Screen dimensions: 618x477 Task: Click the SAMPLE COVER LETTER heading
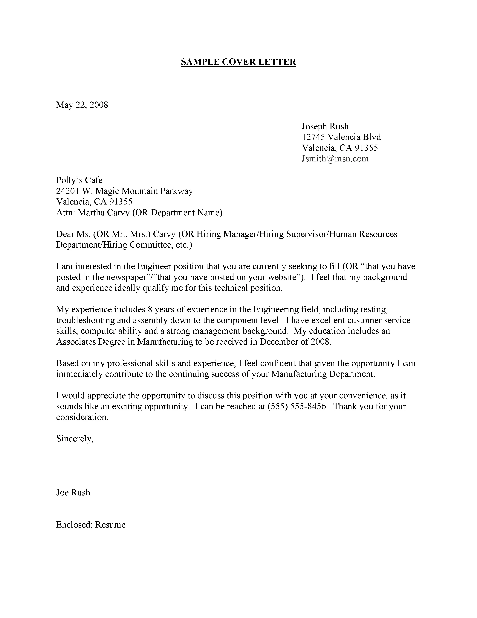(x=238, y=62)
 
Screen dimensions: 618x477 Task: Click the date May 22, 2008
(x=82, y=105)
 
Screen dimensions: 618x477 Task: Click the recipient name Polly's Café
(x=79, y=180)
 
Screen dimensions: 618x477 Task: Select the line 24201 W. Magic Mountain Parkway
(x=124, y=191)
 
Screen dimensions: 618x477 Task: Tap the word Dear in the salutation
(x=65, y=234)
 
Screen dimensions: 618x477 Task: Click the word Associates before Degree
(x=76, y=342)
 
